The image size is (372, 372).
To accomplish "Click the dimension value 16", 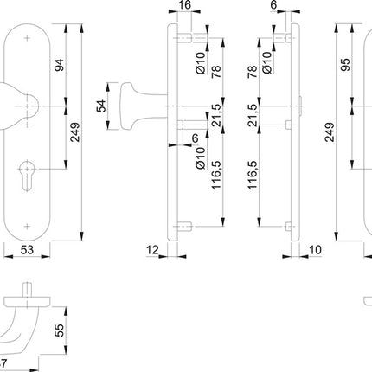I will point(184,8).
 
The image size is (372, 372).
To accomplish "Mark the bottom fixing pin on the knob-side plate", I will point(186,227).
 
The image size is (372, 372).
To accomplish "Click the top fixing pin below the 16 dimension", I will point(186,38).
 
